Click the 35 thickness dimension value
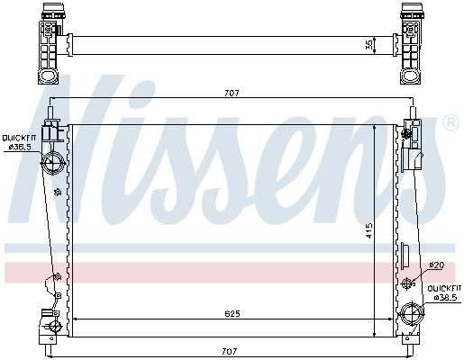click(x=369, y=45)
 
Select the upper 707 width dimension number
click(x=232, y=94)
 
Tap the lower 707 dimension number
click(x=230, y=351)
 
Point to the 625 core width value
click(x=232, y=314)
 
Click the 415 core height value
click(x=369, y=230)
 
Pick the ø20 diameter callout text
click(x=437, y=265)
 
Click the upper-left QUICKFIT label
click(x=19, y=139)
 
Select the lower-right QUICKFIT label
click(x=444, y=289)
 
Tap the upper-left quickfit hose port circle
click(x=53, y=163)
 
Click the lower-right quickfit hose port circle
click(x=412, y=314)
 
